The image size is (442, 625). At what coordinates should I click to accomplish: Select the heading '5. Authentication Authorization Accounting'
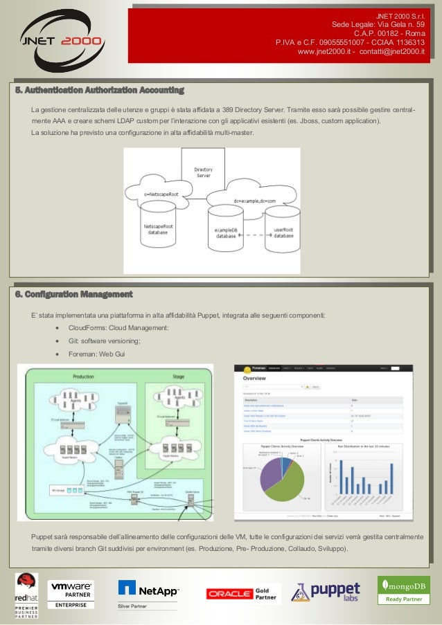click(x=100, y=90)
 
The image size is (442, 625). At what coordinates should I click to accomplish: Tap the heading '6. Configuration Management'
click(x=74, y=295)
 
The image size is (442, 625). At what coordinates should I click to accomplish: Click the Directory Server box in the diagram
click(x=203, y=171)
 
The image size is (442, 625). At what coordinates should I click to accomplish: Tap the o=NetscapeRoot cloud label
click(x=161, y=194)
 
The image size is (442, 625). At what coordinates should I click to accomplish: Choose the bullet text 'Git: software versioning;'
click(x=105, y=341)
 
